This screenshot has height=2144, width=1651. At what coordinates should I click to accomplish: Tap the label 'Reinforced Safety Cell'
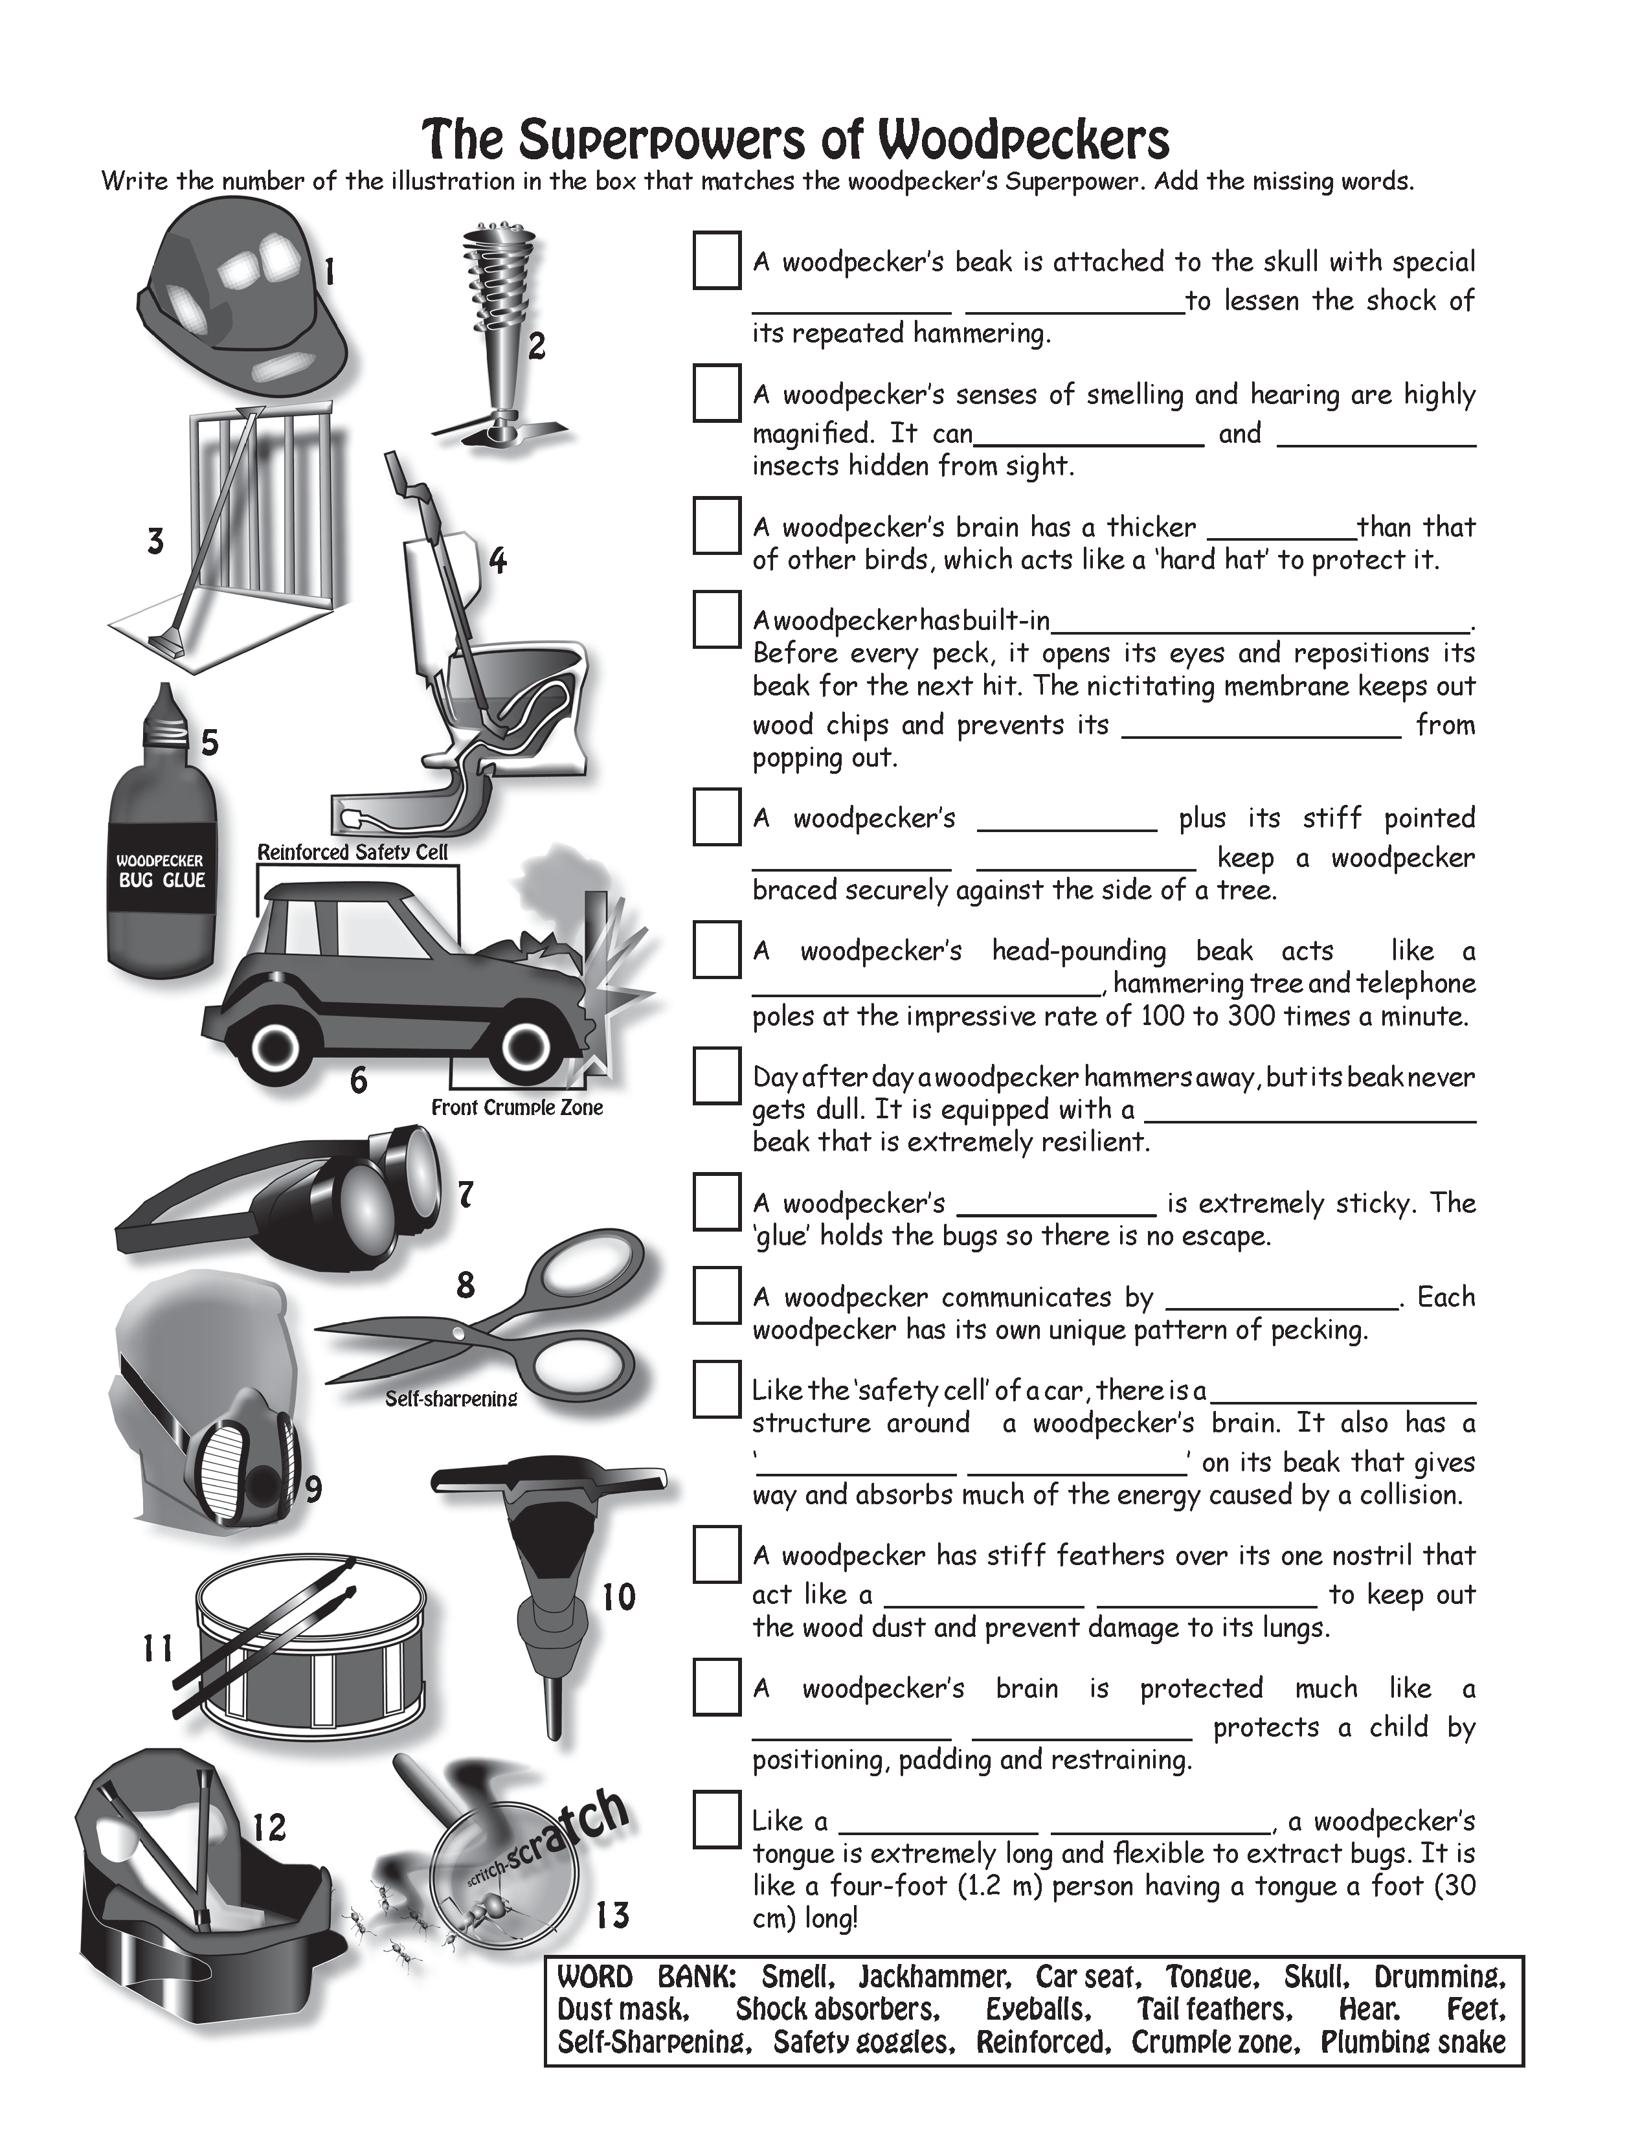tap(352, 852)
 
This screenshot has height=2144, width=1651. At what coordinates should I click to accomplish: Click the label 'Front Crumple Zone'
tap(517, 1107)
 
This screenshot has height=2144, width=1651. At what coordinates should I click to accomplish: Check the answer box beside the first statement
tap(717, 261)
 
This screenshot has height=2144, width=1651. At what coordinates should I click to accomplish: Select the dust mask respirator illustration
tap(211, 1414)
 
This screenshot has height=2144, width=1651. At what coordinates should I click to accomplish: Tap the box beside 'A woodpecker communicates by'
tap(717, 1295)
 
